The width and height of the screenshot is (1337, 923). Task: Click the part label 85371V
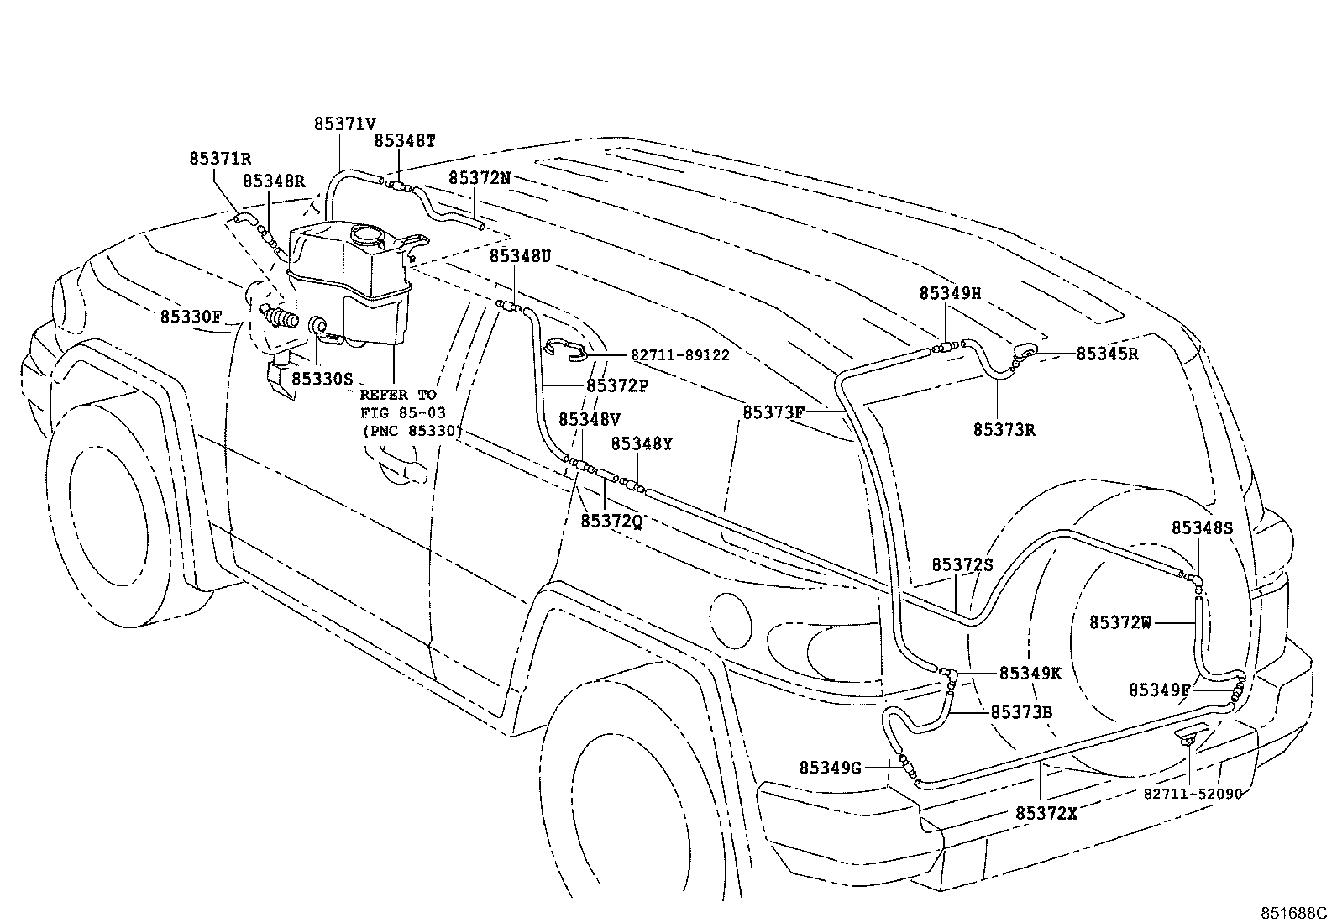click(x=344, y=123)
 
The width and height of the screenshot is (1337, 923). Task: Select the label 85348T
click(x=405, y=141)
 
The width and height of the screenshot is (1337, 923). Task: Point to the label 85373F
click(x=773, y=412)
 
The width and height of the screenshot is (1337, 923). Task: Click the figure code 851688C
click(x=1292, y=912)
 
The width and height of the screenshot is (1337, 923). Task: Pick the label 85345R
click(x=1107, y=354)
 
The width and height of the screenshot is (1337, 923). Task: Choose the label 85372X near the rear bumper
click(x=1046, y=813)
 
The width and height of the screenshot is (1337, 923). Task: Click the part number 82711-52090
click(x=1193, y=794)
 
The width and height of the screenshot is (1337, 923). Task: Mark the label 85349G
click(x=830, y=767)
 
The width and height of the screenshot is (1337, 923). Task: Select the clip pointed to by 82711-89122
click(x=565, y=349)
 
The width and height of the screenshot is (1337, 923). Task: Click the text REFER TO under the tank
click(x=398, y=395)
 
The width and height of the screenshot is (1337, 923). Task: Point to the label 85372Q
click(x=611, y=521)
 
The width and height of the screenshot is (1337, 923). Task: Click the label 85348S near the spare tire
click(x=1202, y=527)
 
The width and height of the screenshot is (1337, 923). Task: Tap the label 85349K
click(x=1030, y=674)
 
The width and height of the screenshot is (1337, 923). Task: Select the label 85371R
click(x=220, y=158)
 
